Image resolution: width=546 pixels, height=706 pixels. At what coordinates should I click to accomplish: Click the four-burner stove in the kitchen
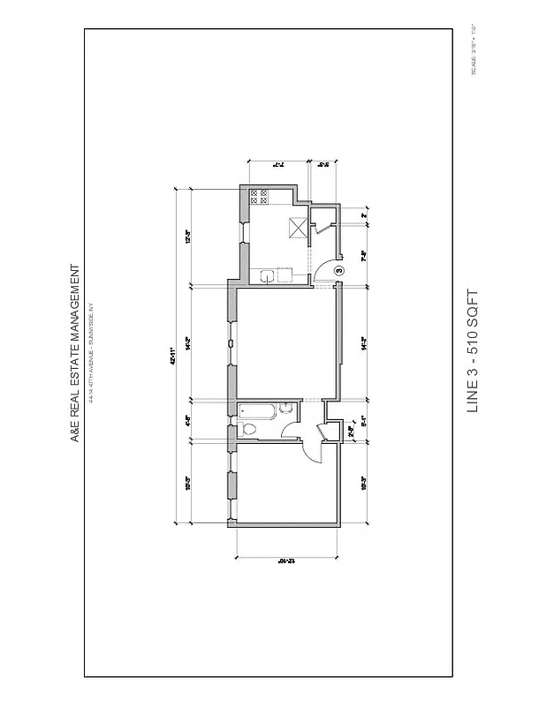tap(261, 198)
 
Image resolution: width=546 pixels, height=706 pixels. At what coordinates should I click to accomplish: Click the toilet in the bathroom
tap(250, 430)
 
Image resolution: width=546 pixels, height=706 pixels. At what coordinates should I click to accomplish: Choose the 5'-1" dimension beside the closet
tap(365, 420)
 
